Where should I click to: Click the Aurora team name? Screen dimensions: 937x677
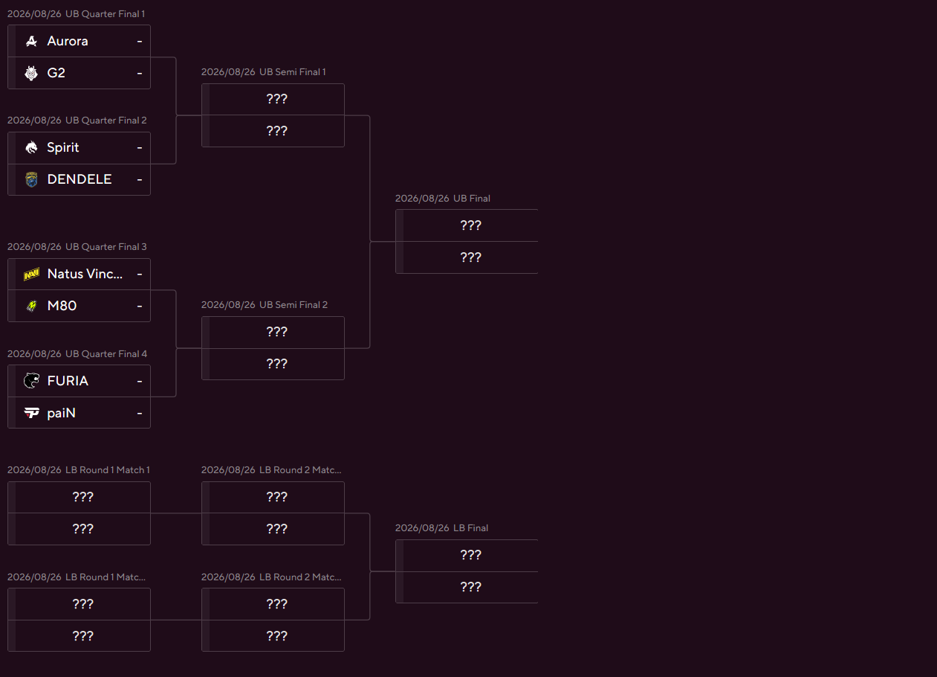pyautogui.click(x=68, y=41)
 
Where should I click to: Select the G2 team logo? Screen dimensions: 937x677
pyautogui.click(x=31, y=73)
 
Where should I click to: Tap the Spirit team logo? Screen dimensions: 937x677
pyautogui.click(x=31, y=147)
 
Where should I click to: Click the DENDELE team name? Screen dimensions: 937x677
pyautogui.click(x=79, y=179)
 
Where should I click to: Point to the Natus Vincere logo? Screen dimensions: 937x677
pyautogui.click(x=31, y=274)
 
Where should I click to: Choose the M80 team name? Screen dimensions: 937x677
pyautogui.click(x=62, y=306)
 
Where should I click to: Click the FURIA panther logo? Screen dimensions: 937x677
pyautogui.click(x=31, y=381)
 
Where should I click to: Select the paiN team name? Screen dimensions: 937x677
pyautogui.click(x=62, y=413)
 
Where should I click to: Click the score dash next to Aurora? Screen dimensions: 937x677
pyautogui.click(x=140, y=41)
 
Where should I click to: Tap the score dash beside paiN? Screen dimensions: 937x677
pyautogui.click(x=140, y=413)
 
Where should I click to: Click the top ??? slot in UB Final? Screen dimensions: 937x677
pyautogui.click(x=470, y=225)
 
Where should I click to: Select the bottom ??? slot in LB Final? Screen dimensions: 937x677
pyautogui.click(x=470, y=587)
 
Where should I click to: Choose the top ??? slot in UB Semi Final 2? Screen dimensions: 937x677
pyautogui.click(x=277, y=332)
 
